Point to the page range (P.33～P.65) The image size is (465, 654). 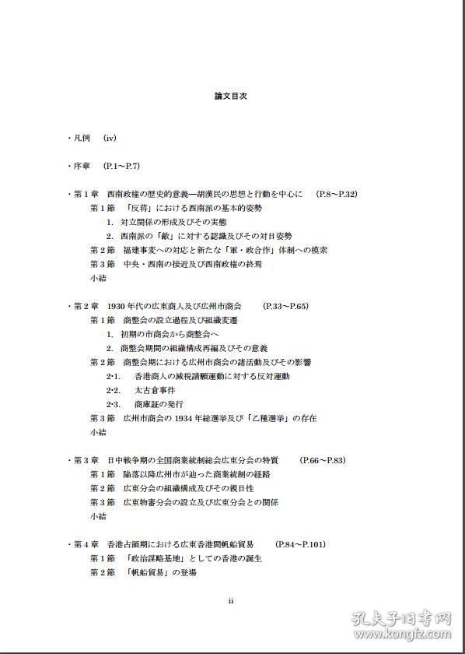(x=285, y=306)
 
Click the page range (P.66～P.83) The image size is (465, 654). (x=322, y=460)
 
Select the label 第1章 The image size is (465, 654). (x=86, y=194)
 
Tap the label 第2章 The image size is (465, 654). (x=86, y=306)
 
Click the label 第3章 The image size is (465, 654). (x=86, y=460)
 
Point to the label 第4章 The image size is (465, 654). (x=86, y=544)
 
